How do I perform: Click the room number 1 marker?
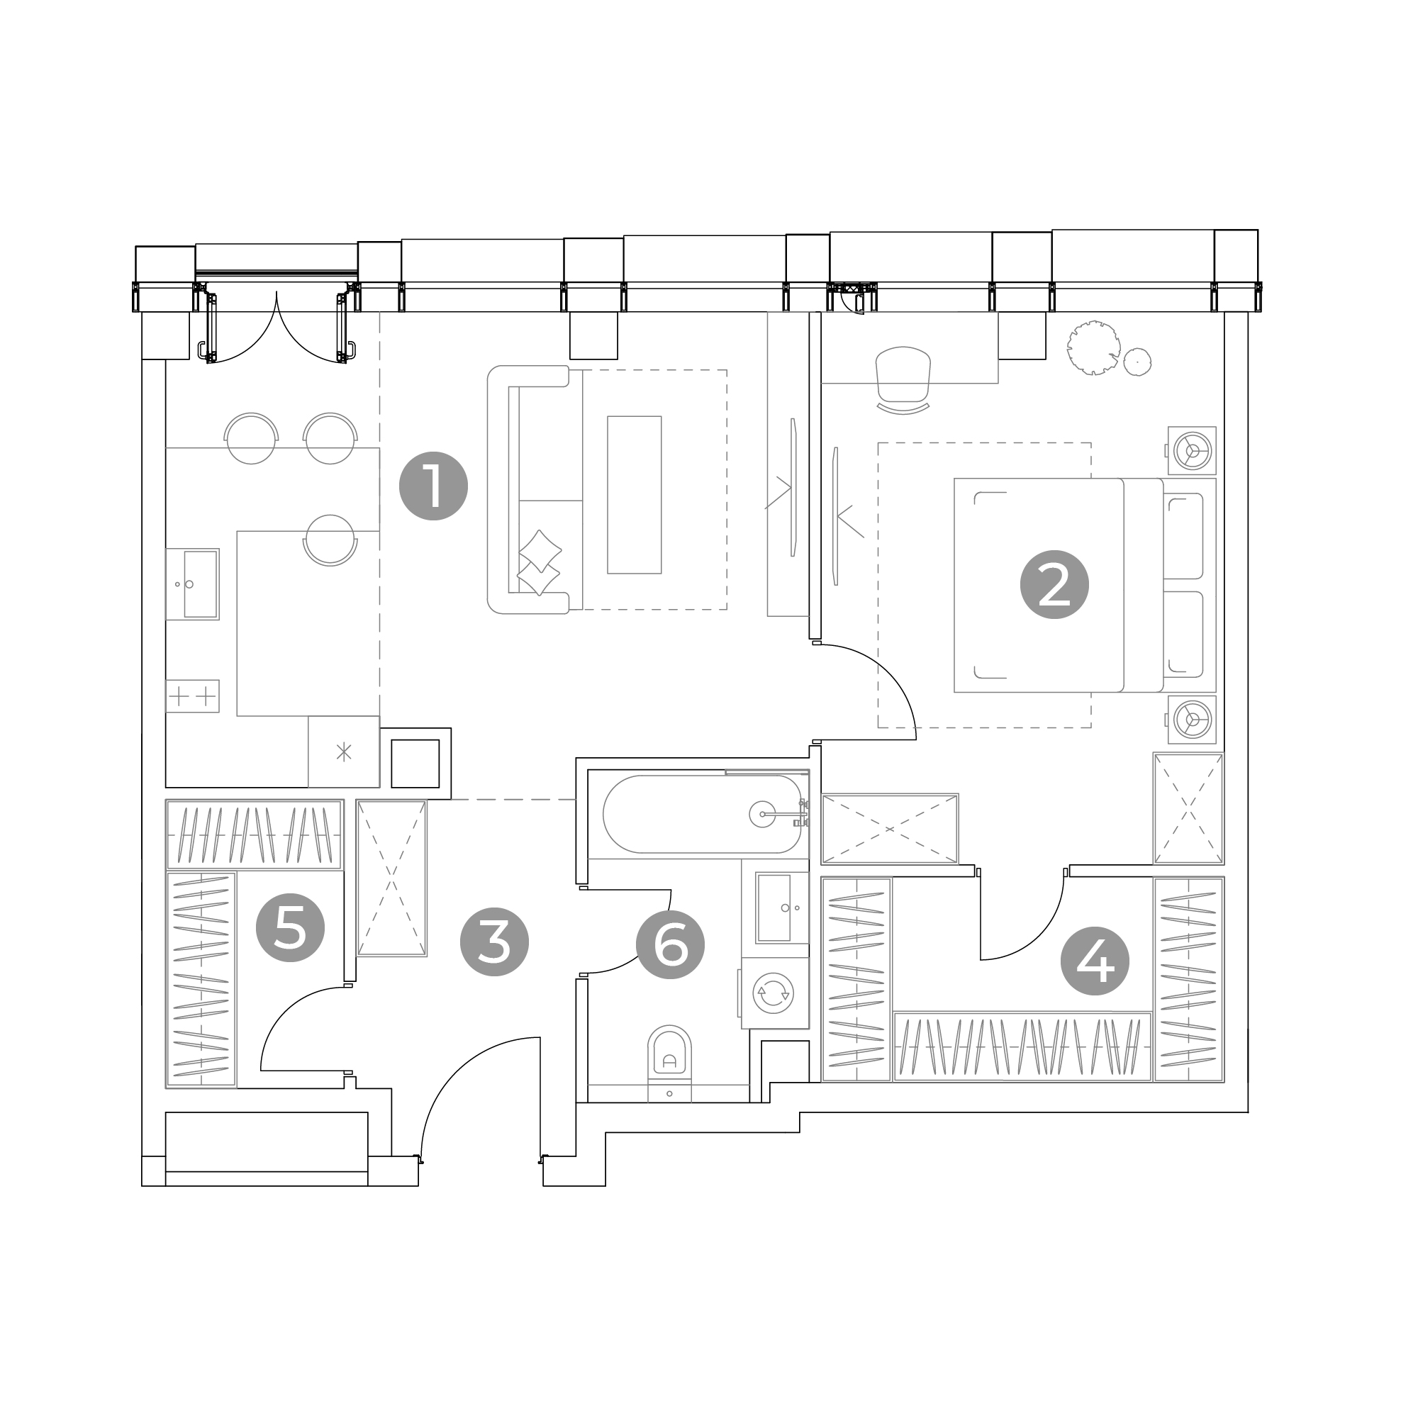click(433, 486)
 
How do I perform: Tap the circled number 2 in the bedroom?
click(1055, 584)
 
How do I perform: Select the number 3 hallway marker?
click(494, 942)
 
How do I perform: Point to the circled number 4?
click(1095, 961)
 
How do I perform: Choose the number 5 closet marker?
click(290, 927)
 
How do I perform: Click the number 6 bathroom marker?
click(670, 944)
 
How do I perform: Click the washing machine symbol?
click(774, 993)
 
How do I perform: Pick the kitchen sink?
click(192, 584)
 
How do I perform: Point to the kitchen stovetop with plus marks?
click(192, 695)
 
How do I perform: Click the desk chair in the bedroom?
click(903, 380)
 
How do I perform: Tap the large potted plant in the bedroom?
click(1093, 348)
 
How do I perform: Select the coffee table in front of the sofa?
click(634, 495)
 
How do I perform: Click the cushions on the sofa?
click(540, 562)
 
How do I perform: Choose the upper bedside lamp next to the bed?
click(1191, 451)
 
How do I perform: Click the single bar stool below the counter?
click(330, 540)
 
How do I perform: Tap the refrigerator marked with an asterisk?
click(343, 752)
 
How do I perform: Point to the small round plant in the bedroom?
click(1137, 361)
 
